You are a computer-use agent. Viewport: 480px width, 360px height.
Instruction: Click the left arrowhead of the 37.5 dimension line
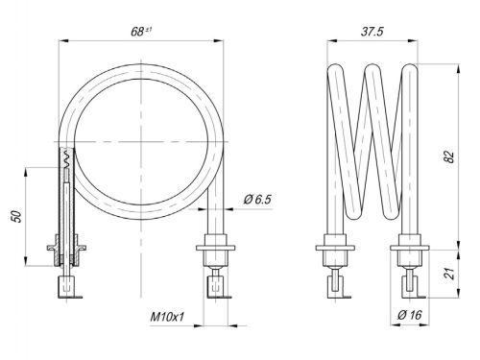point(330,41)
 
